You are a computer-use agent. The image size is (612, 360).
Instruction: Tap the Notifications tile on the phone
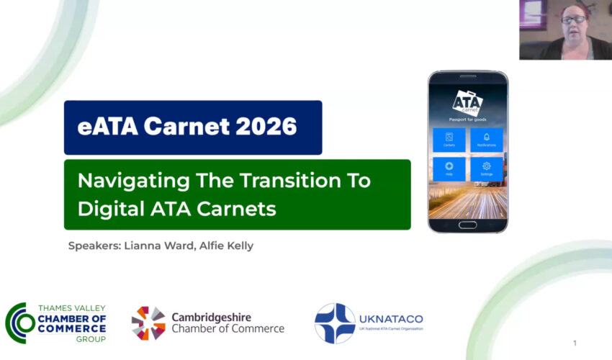point(486,140)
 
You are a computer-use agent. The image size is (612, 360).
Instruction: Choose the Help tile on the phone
point(449,169)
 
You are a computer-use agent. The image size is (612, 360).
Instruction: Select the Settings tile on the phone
point(486,169)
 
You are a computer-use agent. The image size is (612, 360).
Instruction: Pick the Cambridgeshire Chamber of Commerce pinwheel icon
point(148,323)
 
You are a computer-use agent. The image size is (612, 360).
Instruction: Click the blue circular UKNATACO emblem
point(335,323)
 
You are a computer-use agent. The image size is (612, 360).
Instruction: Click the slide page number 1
point(575,343)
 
